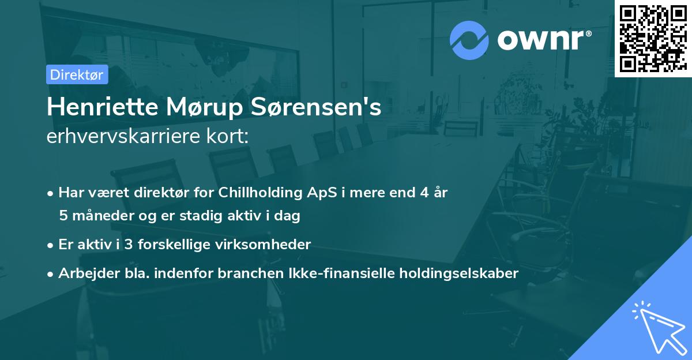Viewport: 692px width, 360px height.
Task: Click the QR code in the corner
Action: pyautogui.click(x=653, y=38)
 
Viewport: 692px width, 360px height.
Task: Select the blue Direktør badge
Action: pyautogui.click(x=77, y=74)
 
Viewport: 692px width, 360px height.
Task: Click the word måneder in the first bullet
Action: pyautogui.click(x=99, y=216)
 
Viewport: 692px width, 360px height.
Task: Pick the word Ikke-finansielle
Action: pyautogui.click(x=305, y=273)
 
